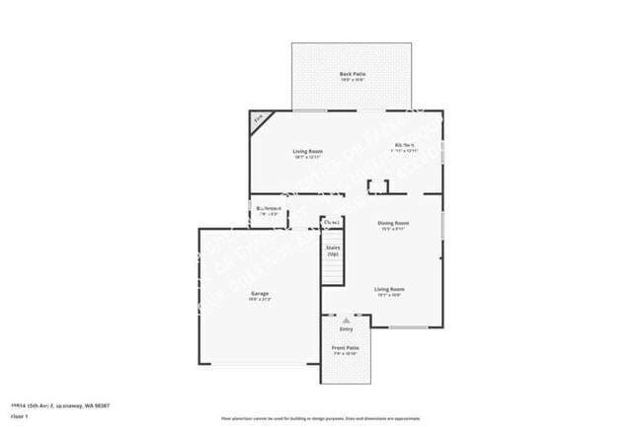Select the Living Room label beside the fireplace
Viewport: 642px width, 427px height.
[309, 151]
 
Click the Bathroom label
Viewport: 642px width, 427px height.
[269, 208]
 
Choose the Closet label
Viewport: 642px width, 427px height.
[331, 223]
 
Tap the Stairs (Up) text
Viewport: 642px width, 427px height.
[332, 250]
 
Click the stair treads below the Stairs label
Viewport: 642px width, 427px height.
[332, 272]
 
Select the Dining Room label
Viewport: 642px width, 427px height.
[393, 223]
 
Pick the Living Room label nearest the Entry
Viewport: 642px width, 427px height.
[388, 289]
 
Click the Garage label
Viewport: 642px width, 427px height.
[259, 293]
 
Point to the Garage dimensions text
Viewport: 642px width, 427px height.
[259, 300]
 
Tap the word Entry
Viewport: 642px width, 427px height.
[346, 328]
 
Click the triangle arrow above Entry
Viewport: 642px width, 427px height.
[346, 320]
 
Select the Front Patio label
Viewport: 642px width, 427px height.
[345, 347]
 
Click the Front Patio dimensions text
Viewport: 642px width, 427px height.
[345, 354]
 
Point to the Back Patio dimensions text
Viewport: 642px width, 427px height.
[352, 81]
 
